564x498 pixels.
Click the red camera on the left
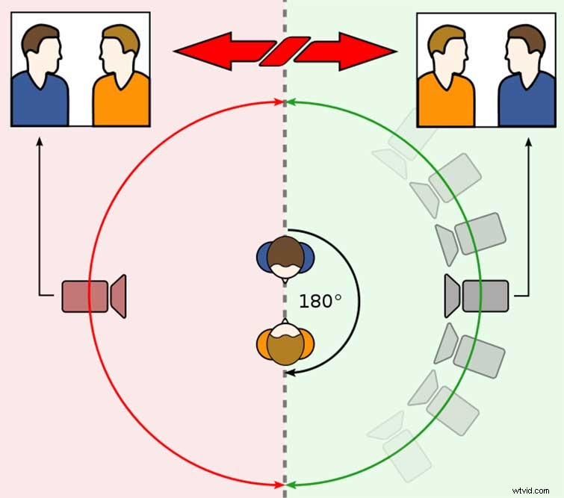(x=93, y=296)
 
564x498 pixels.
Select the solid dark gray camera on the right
(x=478, y=296)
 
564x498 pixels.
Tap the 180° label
(x=320, y=302)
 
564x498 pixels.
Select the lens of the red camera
(x=118, y=296)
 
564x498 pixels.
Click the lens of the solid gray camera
(x=453, y=296)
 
